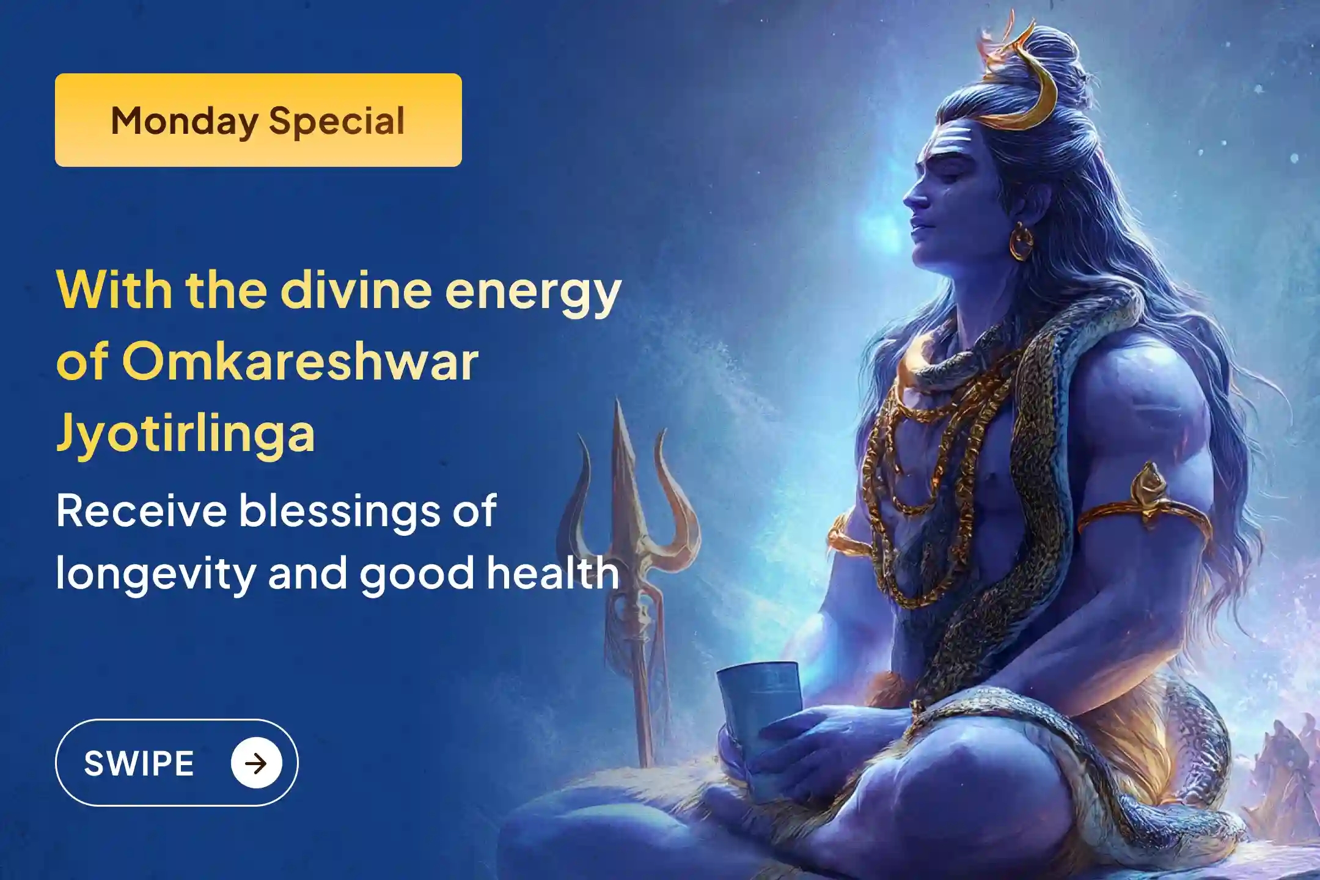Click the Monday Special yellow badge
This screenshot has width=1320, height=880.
click(258, 120)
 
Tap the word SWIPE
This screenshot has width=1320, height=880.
click(139, 763)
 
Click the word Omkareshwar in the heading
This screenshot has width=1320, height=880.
click(300, 362)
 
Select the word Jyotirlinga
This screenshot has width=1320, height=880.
click(186, 433)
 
